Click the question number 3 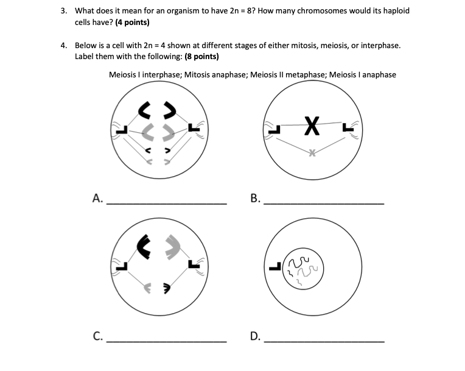tap(63, 12)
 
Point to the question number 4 tap(63, 46)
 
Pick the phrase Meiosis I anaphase tap(363, 75)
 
